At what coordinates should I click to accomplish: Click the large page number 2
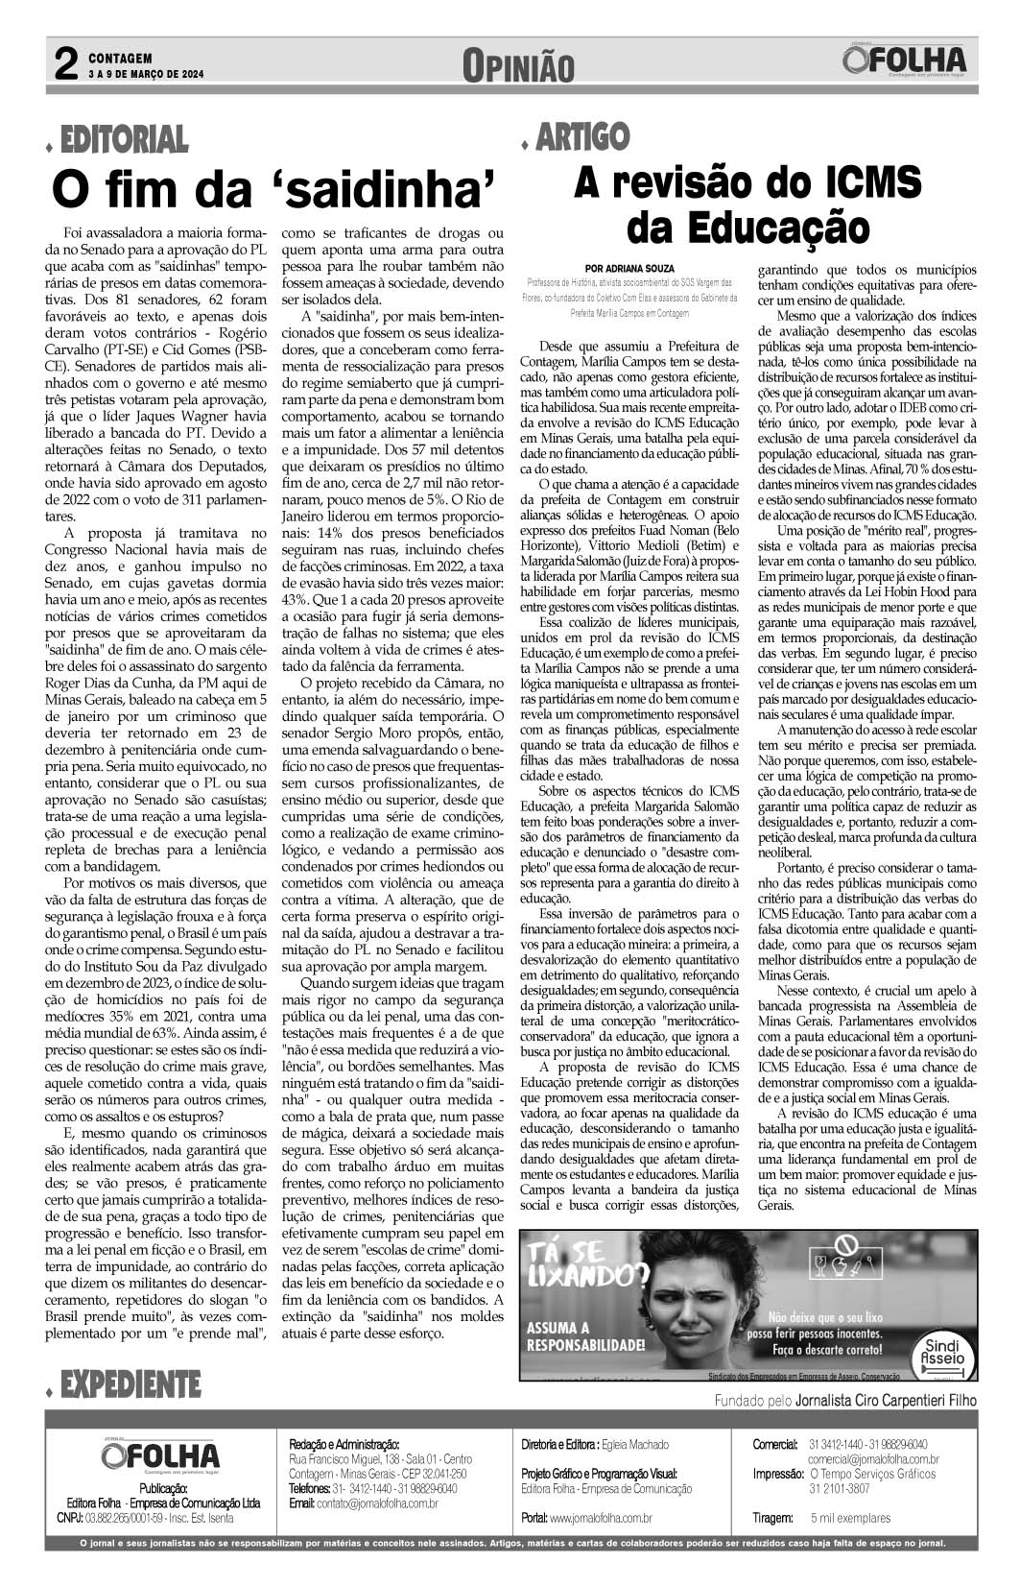pos(65,65)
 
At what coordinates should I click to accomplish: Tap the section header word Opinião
pos(518,67)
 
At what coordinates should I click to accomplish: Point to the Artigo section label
pos(581,137)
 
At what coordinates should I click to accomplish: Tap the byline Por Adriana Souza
pos(629,268)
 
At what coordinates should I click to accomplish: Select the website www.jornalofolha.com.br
pos(601,1518)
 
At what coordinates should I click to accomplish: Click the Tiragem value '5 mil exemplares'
pos(850,1518)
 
